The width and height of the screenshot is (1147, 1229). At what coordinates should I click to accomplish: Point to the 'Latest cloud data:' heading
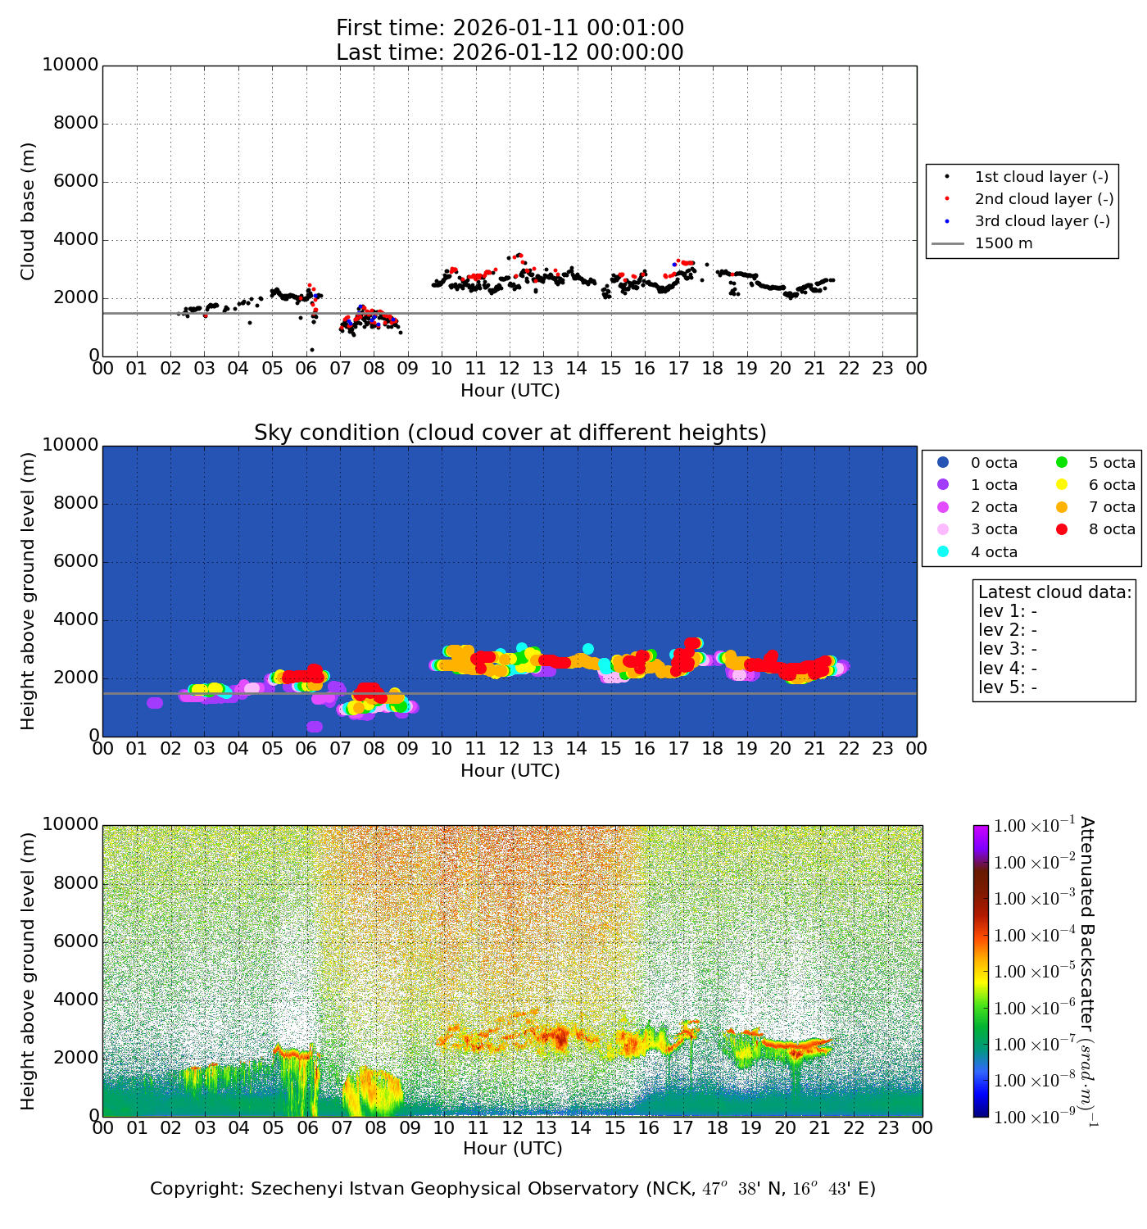pos(1055,592)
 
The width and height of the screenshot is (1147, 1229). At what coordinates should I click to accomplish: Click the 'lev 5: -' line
pos(1008,687)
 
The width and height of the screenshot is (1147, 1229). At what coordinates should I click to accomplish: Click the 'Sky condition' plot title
pos(510,433)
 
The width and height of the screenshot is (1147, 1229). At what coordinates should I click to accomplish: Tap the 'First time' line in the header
pos(510,29)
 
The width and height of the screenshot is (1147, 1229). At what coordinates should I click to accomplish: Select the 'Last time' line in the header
pos(510,52)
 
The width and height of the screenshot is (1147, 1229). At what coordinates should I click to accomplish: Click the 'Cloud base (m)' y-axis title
pos(29,211)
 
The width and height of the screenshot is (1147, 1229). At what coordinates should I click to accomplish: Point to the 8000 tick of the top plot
pos(75,124)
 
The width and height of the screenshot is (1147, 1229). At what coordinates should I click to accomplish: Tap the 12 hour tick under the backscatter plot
pos(512,1128)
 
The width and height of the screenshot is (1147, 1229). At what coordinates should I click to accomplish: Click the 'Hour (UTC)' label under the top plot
pos(510,391)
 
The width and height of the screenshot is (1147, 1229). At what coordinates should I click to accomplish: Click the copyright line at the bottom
pos(513,1189)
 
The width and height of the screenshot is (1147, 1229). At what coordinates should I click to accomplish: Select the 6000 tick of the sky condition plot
pos(75,562)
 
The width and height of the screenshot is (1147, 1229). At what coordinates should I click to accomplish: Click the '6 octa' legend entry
pos(1111,485)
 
